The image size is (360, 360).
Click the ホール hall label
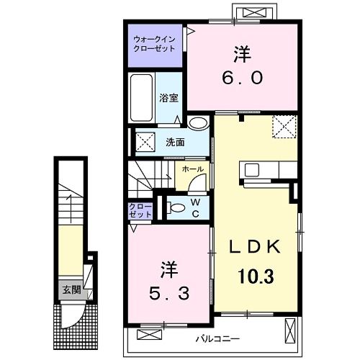click(192, 170)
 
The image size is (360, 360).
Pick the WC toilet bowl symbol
click(175, 209)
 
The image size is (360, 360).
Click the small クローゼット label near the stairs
click(141, 212)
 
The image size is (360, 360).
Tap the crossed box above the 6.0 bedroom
click(254, 12)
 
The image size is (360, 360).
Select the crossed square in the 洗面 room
click(145, 141)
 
